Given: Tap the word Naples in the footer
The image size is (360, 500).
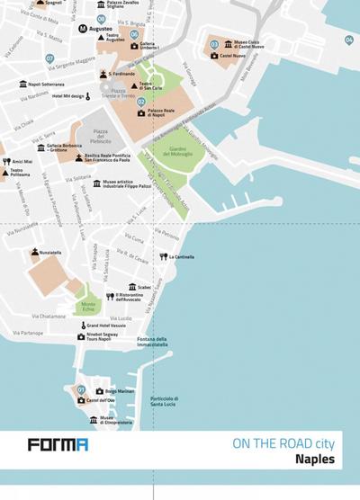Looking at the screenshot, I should tap(315, 459).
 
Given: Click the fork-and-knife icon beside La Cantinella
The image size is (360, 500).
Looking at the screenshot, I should tap(164, 256).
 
